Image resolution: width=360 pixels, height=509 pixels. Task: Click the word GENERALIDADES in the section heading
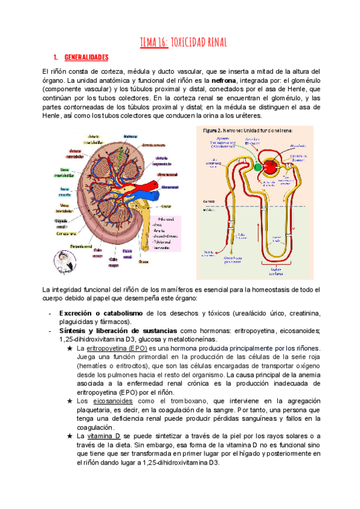[x=85, y=58]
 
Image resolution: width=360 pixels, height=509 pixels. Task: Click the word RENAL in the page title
[x=212, y=41]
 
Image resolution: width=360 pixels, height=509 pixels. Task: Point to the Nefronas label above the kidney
[x=131, y=137]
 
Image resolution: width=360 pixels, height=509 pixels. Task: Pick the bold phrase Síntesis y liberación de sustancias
[x=118, y=331]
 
